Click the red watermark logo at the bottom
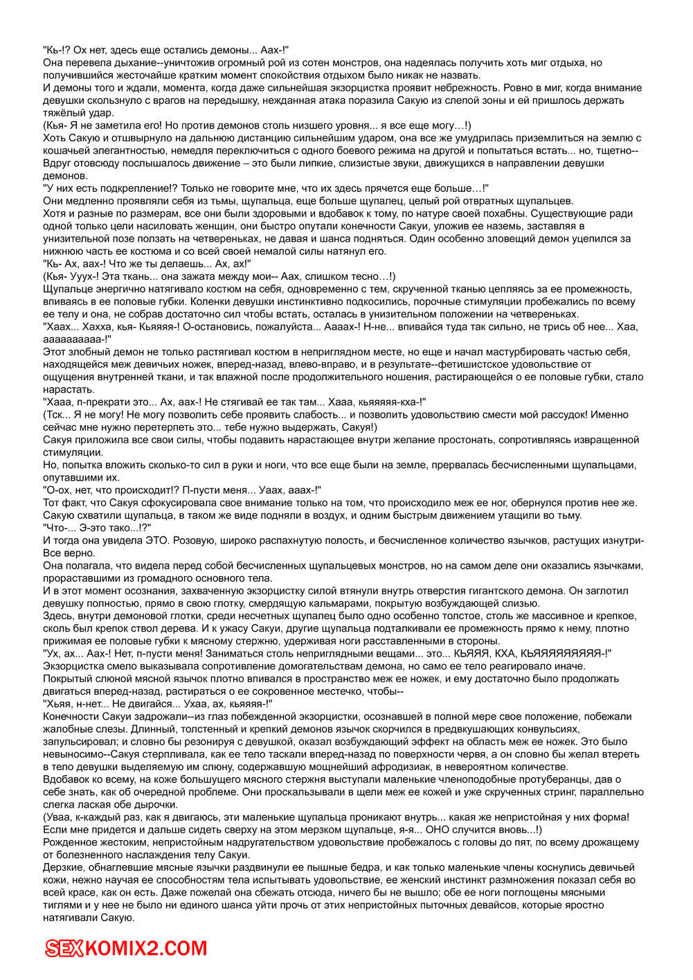tap(126, 948)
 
